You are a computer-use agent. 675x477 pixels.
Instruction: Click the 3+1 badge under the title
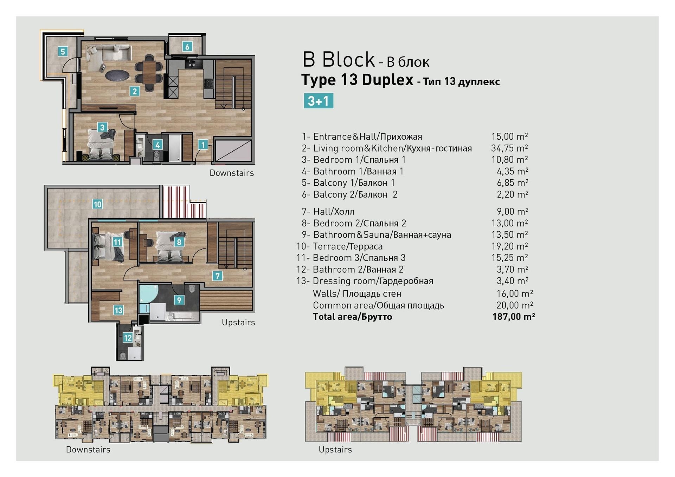click(x=318, y=101)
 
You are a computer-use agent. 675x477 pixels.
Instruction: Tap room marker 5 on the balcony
click(x=63, y=52)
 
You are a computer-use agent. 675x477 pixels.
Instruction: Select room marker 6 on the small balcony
click(x=187, y=46)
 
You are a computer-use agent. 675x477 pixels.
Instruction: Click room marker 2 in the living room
click(x=135, y=91)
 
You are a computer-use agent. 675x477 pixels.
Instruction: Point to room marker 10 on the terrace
click(x=97, y=204)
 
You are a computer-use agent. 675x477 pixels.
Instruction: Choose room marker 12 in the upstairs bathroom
click(x=127, y=338)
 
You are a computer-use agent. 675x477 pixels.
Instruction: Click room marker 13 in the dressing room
click(x=118, y=310)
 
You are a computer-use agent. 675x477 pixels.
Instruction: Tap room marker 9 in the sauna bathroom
click(x=179, y=300)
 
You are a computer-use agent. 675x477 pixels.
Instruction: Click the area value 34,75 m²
click(x=509, y=148)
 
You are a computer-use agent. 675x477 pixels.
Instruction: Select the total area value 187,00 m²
click(x=514, y=317)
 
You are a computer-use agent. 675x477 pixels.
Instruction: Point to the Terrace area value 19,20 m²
click(x=510, y=246)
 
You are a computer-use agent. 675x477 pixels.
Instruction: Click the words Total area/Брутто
click(x=352, y=317)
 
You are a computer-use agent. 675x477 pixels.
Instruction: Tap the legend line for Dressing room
click(x=365, y=281)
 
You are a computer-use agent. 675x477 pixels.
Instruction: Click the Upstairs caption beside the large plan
click(x=238, y=322)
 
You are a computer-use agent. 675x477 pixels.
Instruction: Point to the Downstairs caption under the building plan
click(x=88, y=449)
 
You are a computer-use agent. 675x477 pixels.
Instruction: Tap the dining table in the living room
click(x=149, y=72)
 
